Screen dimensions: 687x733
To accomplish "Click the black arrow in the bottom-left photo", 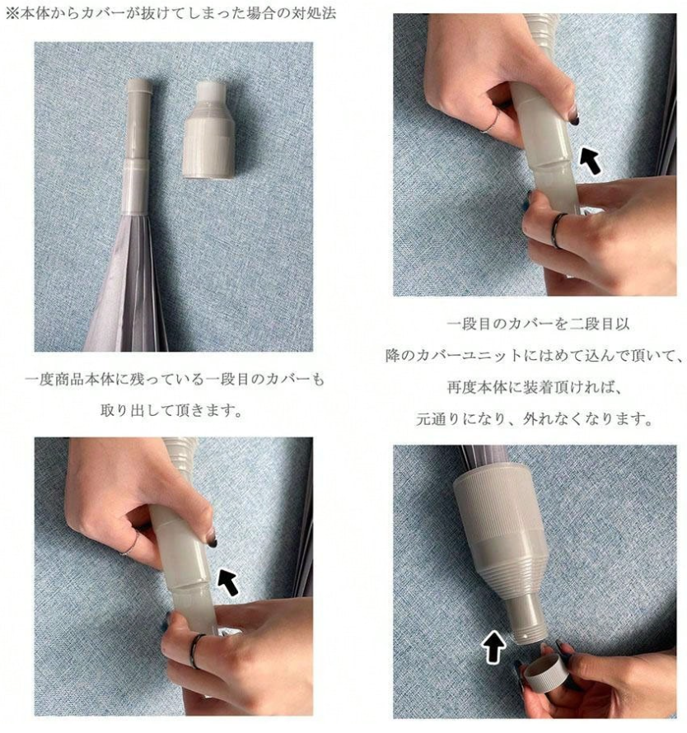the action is click(x=230, y=581).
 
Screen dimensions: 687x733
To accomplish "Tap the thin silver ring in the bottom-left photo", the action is click(x=132, y=544).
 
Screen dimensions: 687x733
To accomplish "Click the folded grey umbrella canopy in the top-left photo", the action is click(x=125, y=285).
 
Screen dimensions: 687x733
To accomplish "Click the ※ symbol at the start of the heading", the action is click(x=12, y=13).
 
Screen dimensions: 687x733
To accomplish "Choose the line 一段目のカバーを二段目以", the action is click(x=538, y=324).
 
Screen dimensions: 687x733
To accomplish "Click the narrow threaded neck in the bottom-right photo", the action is click(x=530, y=617).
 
